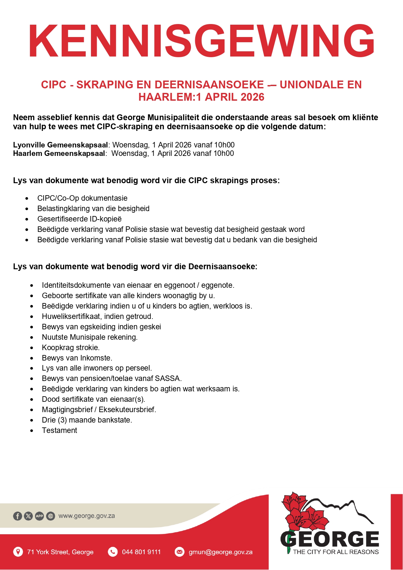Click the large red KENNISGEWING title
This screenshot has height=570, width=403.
click(201, 41)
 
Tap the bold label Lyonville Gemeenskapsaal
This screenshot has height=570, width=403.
click(60, 145)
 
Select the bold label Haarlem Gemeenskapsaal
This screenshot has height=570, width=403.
click(59, 153)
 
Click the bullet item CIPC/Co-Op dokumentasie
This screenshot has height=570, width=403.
click(82, 198)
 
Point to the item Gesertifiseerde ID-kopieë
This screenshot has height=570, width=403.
click(79, 219)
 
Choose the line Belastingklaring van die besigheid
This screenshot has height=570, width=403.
click(93, 209)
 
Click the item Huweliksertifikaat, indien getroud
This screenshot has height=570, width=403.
click(97, 316)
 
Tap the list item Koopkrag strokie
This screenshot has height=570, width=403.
click(70, 348)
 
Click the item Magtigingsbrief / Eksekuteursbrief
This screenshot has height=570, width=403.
click(99, 410)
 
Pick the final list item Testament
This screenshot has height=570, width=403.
click(59, 430)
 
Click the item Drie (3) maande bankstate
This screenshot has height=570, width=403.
click(87, 420)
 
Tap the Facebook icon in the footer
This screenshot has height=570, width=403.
click(18, 516)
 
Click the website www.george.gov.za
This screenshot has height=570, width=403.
click(86, 516)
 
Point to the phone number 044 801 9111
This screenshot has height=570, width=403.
click(141, 552)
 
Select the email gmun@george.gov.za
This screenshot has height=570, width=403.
click(220, 552)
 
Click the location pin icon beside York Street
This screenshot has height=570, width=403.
click(18, 551)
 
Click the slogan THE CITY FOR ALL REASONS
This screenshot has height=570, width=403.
click(335, 552)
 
